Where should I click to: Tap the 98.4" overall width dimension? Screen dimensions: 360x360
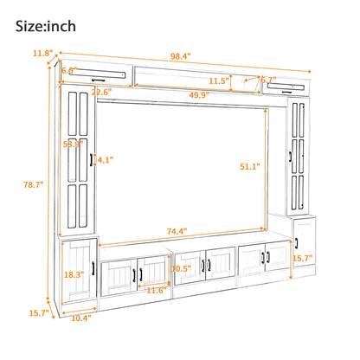(x=180, y=55)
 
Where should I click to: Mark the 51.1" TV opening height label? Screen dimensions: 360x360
(x=249, y=167)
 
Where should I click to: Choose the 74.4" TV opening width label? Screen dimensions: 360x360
(x=179, y=232)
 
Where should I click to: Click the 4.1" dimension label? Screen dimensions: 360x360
(x=105, y=160)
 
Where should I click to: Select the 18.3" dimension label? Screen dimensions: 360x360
(x=75, y=274)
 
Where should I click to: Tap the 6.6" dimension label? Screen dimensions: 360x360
(x=70, y=71)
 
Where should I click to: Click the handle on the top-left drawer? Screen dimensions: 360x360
(x=90, y=78)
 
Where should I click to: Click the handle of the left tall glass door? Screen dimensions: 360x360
(x=90, y=161)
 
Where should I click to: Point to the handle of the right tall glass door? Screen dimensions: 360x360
(x=292, y=159)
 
